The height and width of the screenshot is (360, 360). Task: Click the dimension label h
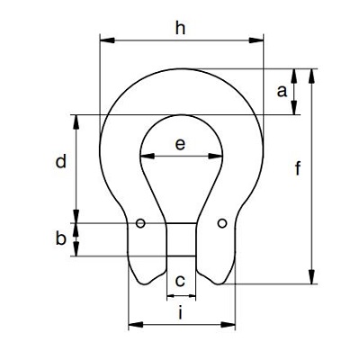coord(181,29)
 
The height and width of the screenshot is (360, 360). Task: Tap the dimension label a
coord(282,91)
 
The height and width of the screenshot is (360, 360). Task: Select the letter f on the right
coord(298,168)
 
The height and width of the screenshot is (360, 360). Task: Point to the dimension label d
coord(61,162)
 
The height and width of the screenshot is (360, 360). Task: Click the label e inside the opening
coord(180,144)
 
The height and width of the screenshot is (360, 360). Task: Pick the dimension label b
coord(61,238)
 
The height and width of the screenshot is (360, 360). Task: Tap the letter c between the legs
coord(180,282)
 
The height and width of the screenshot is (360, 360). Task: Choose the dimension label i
coord(180,313)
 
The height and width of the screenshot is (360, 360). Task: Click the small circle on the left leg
coord(140,223)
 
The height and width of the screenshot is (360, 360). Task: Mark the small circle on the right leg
coord(222,223)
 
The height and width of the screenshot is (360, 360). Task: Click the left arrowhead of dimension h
coord(107,40)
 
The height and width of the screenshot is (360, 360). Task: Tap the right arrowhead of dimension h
coord(256,40)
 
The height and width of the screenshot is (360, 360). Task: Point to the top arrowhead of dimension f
coord(312,76)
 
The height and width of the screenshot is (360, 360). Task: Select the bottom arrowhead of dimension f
coord(312,276)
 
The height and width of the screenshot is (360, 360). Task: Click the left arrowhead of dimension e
coord(148,156)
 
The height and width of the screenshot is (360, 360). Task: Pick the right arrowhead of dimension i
coord(228,324)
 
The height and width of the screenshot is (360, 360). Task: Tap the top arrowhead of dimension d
coord(76,122)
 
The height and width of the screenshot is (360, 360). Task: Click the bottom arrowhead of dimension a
coord(294,108)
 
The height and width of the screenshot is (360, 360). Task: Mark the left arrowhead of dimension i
coord(136,324)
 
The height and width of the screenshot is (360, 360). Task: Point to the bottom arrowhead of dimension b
coord(76,249)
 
